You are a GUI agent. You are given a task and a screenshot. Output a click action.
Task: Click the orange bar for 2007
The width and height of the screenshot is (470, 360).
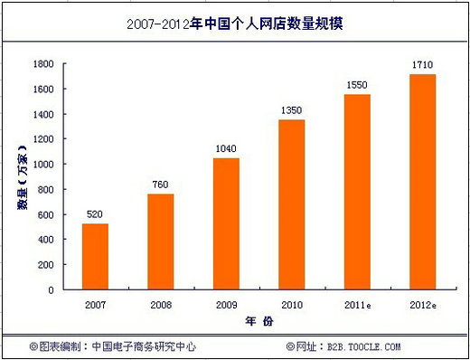[95, 257]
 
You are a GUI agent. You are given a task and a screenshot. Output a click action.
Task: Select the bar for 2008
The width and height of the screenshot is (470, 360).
[160, 242]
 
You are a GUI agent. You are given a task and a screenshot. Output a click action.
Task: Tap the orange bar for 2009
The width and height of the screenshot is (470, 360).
[226, 224]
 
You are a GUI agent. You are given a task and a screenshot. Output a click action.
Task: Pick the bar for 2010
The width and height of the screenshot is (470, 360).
[292, 205]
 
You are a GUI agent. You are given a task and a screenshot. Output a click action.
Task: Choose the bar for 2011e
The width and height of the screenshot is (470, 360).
[357, 193]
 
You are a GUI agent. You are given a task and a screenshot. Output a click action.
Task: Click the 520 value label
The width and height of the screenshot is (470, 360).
[95, 214]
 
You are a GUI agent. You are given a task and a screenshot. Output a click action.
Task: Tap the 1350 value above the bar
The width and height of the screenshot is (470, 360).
[292, 110]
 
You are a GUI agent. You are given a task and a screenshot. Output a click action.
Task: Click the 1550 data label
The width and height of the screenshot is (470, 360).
[357, 85]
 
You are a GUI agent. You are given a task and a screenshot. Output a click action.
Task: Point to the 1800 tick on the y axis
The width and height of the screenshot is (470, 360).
[42, 64]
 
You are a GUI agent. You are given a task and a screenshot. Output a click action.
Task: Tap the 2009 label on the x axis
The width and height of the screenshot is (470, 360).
[226, 304]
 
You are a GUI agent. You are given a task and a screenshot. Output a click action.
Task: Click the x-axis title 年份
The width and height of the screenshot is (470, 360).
[259, 321]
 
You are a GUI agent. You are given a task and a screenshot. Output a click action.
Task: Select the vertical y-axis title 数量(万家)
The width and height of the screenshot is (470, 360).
[20, 176]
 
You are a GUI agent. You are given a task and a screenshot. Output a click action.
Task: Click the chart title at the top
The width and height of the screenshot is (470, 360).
[235, 25]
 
